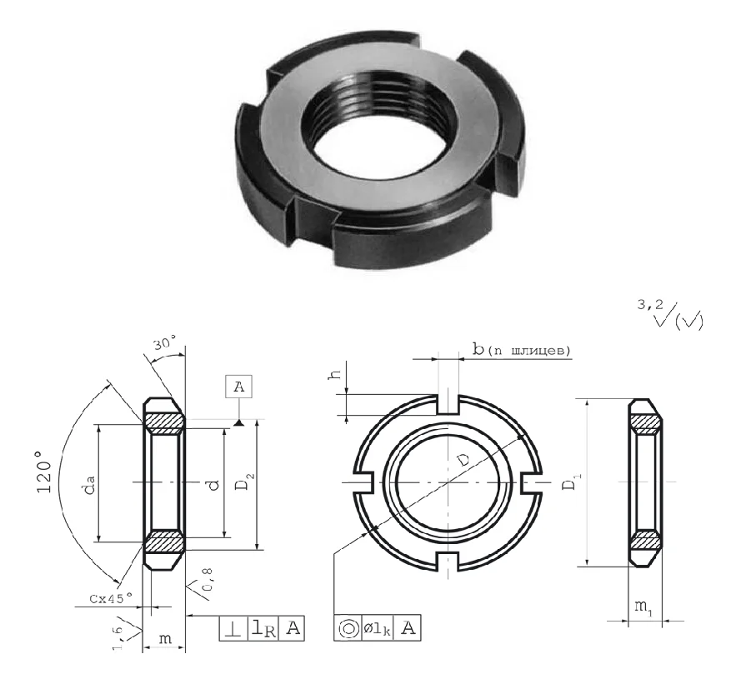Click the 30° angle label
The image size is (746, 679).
[164, 342]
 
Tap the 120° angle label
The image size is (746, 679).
[44, 472]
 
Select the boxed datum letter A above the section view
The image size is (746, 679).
[239, 387]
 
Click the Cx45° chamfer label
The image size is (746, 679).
[111, 598]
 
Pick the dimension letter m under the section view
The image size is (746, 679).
[165, 638]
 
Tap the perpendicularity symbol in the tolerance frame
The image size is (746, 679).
[233, 629]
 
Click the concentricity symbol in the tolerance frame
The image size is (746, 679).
[348, 628]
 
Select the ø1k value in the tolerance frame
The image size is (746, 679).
[378, 629]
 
